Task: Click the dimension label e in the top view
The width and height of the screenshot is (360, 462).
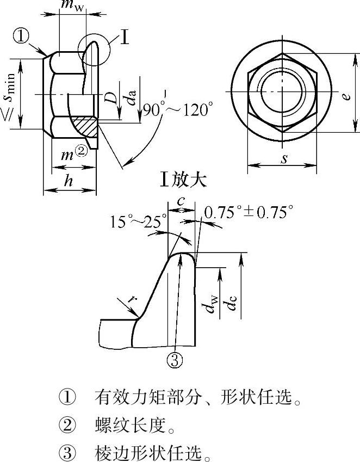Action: coord(347,96)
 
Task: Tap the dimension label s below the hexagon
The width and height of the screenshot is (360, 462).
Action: coord(284,158)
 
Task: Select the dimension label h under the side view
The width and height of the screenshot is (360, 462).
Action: coord(69,180)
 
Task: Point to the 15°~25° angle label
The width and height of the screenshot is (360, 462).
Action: coord(138,221)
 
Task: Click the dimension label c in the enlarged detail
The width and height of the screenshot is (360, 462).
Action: coord(181,201)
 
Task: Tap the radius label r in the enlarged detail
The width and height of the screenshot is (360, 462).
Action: coord(133,299)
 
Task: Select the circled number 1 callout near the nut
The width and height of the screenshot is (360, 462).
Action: coord(21,36)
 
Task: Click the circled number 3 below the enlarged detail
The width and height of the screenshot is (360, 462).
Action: coord(175,360)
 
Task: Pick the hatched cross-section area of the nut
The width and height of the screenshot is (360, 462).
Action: coord(85,127)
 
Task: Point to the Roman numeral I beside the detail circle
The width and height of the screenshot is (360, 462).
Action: coord(125,38)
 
